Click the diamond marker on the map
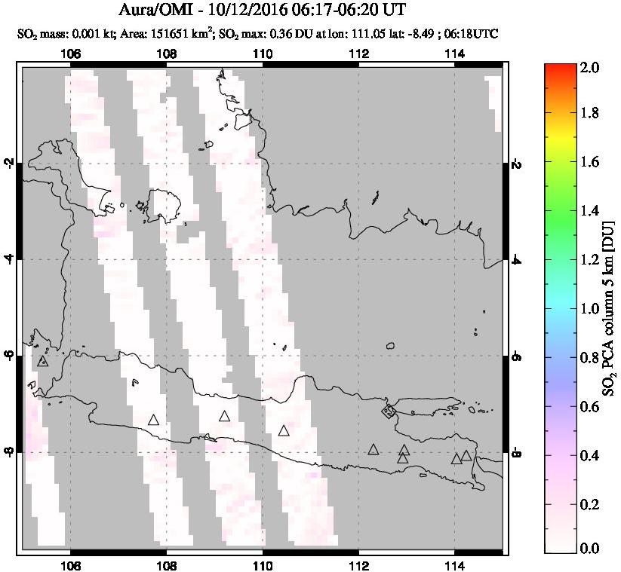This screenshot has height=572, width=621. point(388,411)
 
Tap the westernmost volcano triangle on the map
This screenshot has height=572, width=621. point(43,361)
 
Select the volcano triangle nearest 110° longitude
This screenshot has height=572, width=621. point(284,430)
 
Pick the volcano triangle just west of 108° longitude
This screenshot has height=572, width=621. point(154,420)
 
